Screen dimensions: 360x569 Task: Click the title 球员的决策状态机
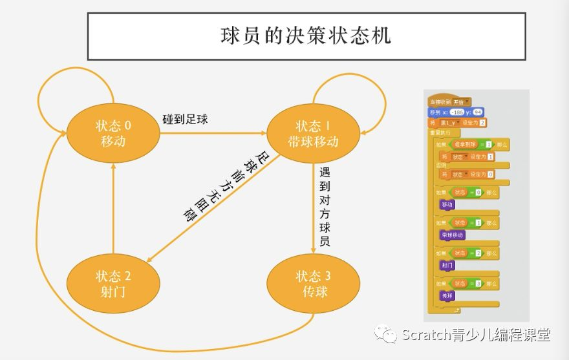306,35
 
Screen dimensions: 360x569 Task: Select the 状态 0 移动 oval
113,133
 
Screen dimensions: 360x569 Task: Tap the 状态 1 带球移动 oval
313,133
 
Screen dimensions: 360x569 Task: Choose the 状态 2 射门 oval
113,284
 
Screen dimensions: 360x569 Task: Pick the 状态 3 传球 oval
313,284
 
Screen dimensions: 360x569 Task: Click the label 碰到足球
185,120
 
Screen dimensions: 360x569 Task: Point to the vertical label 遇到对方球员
325,207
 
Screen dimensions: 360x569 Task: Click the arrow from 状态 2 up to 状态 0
113,207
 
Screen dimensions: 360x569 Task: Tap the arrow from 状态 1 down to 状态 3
313,207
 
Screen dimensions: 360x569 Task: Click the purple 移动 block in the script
447,204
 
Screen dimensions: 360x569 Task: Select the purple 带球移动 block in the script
452,235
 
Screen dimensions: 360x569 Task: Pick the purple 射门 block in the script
447,265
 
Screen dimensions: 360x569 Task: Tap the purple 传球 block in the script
447,295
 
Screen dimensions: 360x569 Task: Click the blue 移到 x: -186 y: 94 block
455,112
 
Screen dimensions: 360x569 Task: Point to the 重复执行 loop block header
440,132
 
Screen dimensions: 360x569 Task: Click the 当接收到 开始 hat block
449,102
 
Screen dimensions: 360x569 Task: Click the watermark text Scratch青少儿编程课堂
475,335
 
